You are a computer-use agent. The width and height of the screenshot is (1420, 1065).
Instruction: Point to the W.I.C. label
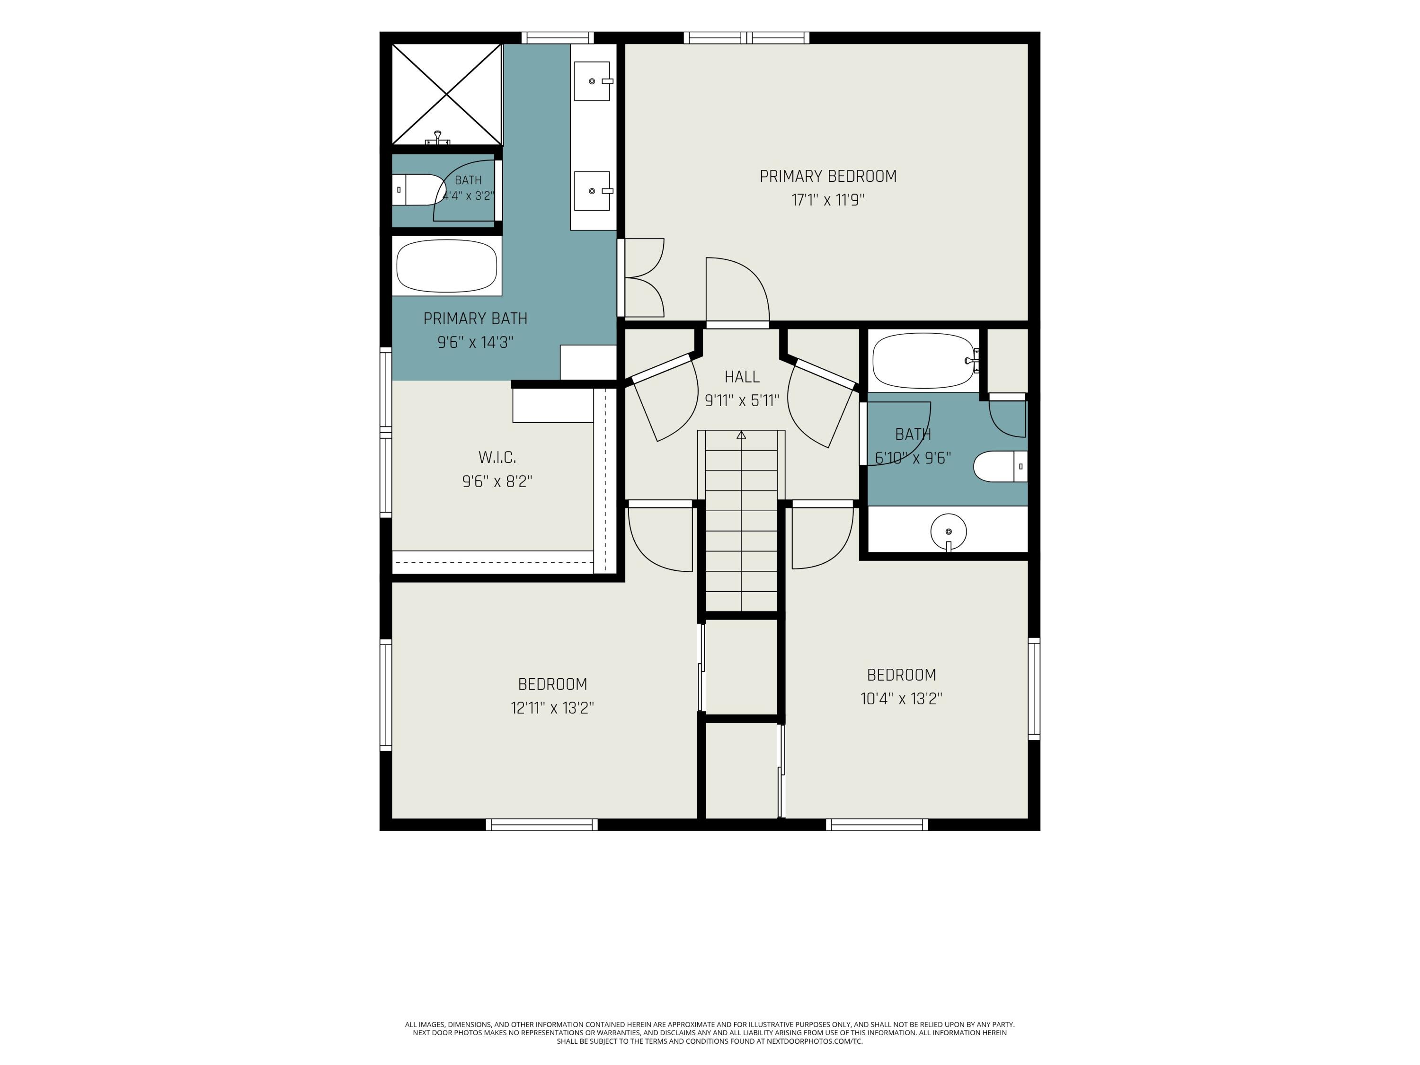[x=497, y=457]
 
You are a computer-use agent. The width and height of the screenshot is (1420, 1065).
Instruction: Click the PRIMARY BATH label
[x=475, y=319]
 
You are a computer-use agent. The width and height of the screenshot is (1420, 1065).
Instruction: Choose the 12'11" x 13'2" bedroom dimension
[x=552, y=708]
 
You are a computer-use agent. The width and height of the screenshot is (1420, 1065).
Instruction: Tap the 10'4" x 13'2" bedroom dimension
[x=901, y=699]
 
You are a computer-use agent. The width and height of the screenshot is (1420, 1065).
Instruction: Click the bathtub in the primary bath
[x=447, y=266]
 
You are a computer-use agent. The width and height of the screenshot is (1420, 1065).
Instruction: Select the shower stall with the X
[x=447, y=94]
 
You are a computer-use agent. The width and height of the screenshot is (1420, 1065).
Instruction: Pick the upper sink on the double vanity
[x=592, y=81]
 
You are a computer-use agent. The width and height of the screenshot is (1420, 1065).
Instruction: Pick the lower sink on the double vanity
[x=592, y=191]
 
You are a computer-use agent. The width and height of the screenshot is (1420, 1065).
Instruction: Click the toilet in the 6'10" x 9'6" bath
[x=1000, y=467]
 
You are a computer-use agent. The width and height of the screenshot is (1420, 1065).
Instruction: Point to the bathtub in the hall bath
[x=924, y=361]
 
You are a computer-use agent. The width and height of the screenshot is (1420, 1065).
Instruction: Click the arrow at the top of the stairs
[x=741, y=435]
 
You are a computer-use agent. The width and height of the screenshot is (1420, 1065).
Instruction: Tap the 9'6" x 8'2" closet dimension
[x=497, y=481]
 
